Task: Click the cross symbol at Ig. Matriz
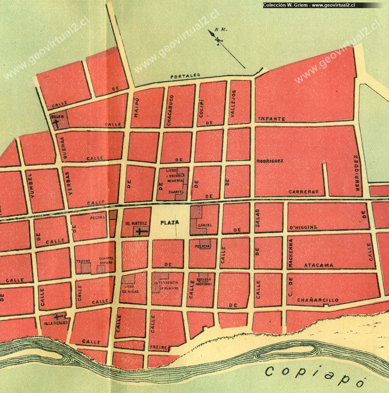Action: (141, 232)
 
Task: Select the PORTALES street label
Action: (185, 75)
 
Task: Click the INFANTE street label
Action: (272, 119)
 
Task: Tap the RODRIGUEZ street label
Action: (271, 161)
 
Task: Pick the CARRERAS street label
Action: (301, 192)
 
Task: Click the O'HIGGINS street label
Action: (303, 227)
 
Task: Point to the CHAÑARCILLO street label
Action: (318, 300)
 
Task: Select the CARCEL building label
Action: (205, 225)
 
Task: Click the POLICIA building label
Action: (202, 246)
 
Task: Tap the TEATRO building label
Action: (83, 261)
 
